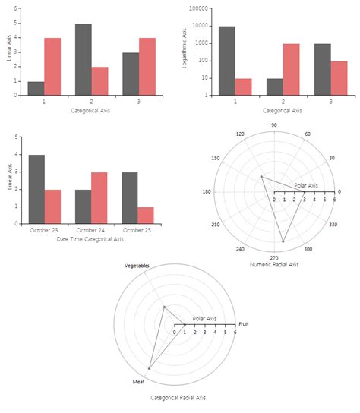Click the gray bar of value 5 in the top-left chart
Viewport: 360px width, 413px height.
tap(83, 59)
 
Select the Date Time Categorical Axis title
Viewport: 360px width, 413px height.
tap(90, 239)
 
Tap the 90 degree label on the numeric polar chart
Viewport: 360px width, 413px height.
tap(273, 125)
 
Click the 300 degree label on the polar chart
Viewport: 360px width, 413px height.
tap(308, 249)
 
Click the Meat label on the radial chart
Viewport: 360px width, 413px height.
tap(138, 381)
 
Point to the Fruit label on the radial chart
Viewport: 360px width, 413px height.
tap(243, 324)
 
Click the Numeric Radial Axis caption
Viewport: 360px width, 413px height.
tap(274, 265)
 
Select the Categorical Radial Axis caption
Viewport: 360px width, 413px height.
tap(178, 397)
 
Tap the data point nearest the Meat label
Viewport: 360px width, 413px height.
tap(149, 368)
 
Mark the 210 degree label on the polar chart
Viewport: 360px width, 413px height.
tap(216, 225)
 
